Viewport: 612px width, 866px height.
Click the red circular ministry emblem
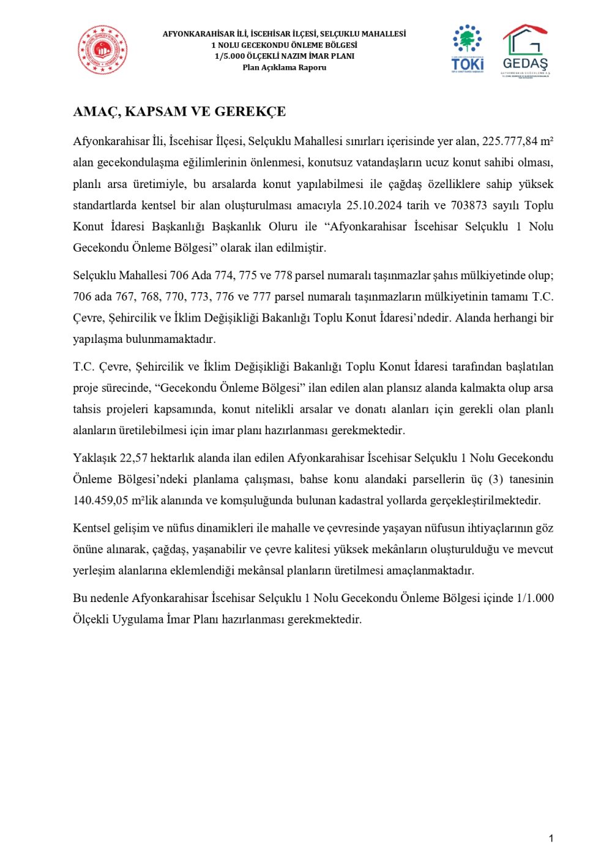[102, 50]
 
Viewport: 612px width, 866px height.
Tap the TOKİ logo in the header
[468, 49]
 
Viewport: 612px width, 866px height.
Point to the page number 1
[551, 838]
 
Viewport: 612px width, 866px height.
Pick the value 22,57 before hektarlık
[133, 458]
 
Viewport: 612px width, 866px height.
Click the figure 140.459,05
[100, 500]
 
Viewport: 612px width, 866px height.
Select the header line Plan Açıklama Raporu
[284, 67]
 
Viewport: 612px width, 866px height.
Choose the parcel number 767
[125, 297]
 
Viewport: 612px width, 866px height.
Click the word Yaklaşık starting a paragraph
[95, 458]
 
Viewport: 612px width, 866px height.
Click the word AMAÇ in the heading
[95, 111]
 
